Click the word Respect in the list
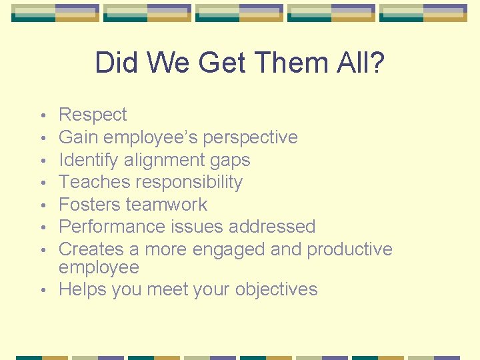pos(93,115)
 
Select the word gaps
pos(229,161)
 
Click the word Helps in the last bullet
pos(82,289)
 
